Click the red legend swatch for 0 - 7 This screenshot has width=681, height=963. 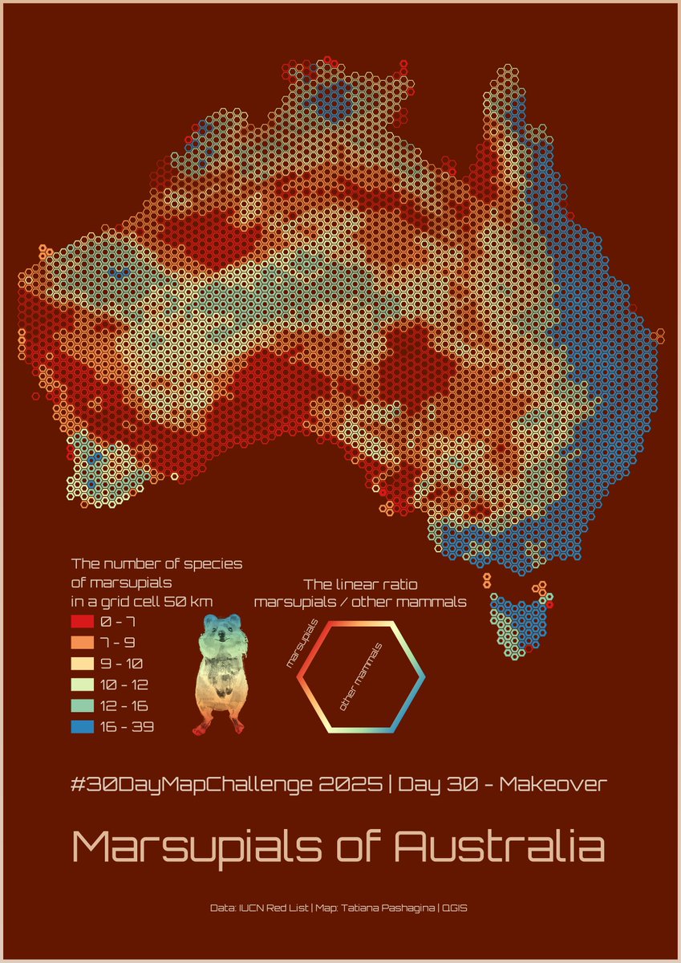[83, 621]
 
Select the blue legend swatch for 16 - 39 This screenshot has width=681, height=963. [83, 727]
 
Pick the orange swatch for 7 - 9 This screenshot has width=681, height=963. [83, 643]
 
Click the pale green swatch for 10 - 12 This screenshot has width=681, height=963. [83, 685]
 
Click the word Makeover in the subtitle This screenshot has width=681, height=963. [553, 784]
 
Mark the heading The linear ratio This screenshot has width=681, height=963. [360, 584]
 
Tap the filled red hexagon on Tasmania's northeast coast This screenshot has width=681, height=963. [549, 604]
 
